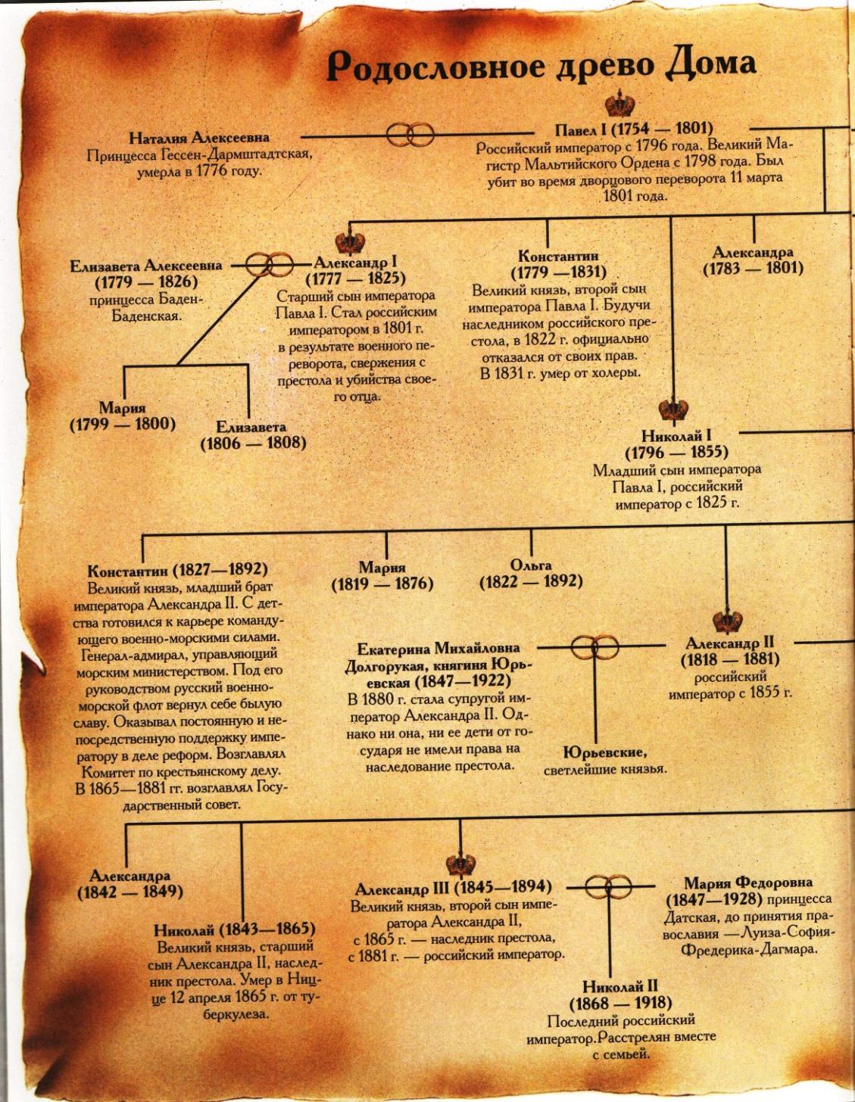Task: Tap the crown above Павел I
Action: pos(619,102)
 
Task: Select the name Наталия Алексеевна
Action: pos(199,138)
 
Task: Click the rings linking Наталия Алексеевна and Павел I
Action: pos(410,135)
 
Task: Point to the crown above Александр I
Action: pos(350,243)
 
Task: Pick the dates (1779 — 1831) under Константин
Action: pos(559,272)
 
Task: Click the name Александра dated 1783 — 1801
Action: pos(753,252)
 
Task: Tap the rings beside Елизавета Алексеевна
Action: pos(270,263)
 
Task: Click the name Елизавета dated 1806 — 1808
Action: pos(251,427)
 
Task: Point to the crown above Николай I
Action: pos(672,409)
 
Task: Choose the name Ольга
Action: pos(531,565)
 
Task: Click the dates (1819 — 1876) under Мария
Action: pos(382,584)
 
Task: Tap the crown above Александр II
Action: pos(728,620)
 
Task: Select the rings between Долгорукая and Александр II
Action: pos(594,646)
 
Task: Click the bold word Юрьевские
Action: pos(605,752)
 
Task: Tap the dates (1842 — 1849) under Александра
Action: pos(130,892)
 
